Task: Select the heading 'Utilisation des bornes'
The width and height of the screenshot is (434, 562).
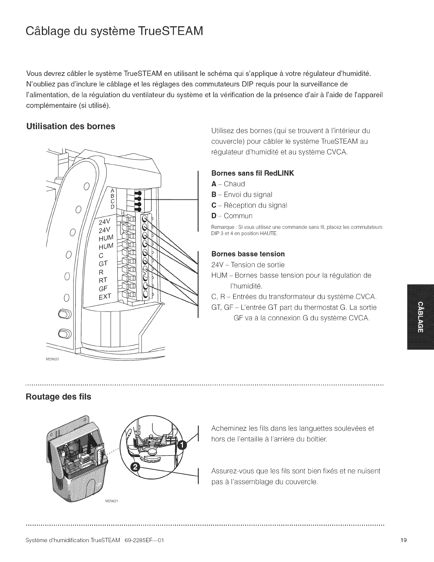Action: pos(71,127)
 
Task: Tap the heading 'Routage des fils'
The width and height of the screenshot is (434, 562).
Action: pos(59,397)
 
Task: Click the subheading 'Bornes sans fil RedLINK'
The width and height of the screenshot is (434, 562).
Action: pos(252,173)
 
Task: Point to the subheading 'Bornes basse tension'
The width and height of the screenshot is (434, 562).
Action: pos(248,254)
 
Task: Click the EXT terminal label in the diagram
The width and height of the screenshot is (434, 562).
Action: pos(105,296)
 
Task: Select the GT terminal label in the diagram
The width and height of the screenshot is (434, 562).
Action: pos(103,264)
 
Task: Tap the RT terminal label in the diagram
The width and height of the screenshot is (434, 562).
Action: pos(103,280)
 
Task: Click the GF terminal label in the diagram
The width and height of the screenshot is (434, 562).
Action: pos(104,288)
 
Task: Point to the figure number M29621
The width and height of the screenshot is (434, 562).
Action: pos(111,501)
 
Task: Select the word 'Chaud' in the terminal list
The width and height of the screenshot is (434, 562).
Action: pos(234,184)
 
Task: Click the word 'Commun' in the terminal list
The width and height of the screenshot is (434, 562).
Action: pos(238,216)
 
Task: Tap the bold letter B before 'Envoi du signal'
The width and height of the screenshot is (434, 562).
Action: pos(214,195)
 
